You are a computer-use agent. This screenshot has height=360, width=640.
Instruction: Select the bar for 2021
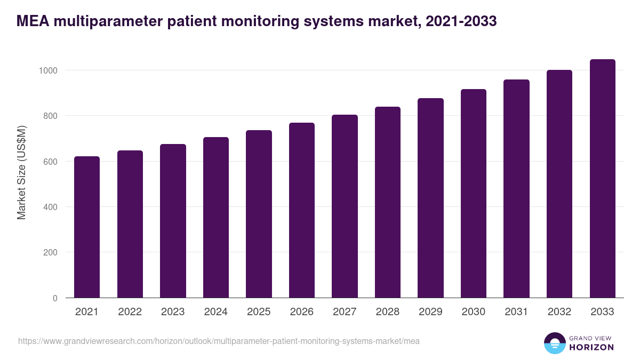point(87,227)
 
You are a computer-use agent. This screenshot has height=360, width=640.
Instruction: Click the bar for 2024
point(215,218)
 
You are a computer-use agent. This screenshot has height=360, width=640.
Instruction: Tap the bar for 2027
point(345,206)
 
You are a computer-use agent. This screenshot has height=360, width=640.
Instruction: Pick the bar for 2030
point(474,194)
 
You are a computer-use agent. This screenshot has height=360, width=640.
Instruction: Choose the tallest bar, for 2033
point(602,179)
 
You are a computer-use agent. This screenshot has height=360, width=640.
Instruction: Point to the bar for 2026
point(302,210)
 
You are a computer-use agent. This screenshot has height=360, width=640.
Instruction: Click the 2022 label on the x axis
point(130,312)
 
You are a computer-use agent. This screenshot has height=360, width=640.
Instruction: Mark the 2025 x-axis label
point(259,312)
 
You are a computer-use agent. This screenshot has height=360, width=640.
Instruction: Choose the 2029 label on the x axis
point(430,312)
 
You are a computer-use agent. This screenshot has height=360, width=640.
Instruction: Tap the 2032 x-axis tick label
point(559,312)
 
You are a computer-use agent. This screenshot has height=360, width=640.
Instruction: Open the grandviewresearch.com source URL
point(219,341)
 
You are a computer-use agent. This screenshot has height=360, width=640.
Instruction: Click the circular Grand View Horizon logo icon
point(554,343)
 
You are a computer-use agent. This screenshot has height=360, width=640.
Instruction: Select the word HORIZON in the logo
point(591,347)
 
